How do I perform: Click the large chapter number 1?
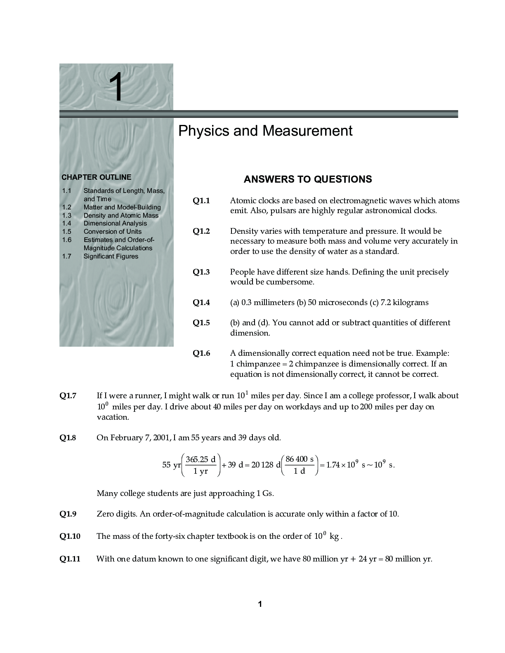click(x=117, y=87)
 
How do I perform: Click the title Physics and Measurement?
click(x=265, y=131)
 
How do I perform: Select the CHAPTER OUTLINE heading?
click(x=96, y=177)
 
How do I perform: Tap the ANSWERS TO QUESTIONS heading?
click(x=307, y=179)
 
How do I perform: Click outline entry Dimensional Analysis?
click(x=115, y=223)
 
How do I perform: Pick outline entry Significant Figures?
click(x=111, y=256)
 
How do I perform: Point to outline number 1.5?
click(x=66, y=232)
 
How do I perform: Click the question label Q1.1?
click(x=201, y=201)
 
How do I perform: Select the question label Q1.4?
click(x=201, y=303)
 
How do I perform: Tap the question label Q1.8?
click(x=68, y=438)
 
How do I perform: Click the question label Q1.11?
click(x=70, y=559)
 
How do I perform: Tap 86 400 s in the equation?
click(x=299, y=459)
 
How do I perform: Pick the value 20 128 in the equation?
click(x=262, y=465)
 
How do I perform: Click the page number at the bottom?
click(x=260, y=604)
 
